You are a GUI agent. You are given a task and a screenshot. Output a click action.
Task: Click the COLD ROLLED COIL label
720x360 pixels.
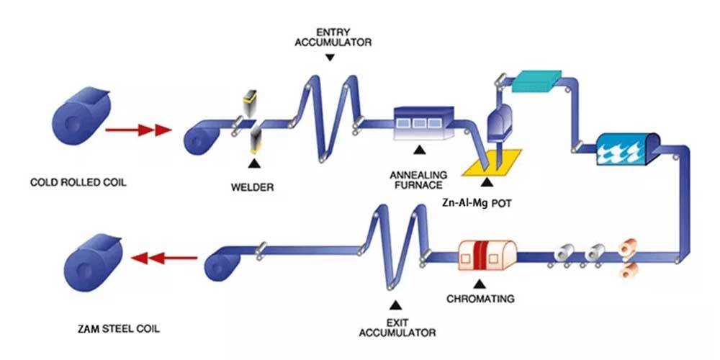click(78, 183)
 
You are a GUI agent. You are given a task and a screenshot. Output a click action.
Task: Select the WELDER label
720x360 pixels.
click(252, 189)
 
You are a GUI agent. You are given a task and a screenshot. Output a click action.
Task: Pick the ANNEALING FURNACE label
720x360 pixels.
click(418, 180)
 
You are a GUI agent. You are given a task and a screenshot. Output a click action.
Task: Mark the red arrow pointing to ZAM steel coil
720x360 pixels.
click(165, 256)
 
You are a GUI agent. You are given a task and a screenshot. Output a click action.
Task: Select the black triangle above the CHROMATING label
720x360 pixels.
click(477, 282)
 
